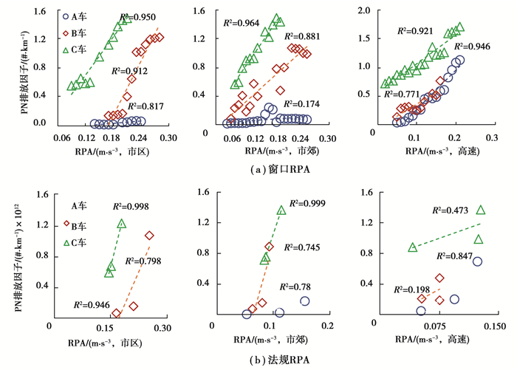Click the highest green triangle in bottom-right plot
tap(482, 210)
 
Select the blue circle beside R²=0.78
tap(304, 301)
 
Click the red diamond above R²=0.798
tap(150, 236)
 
